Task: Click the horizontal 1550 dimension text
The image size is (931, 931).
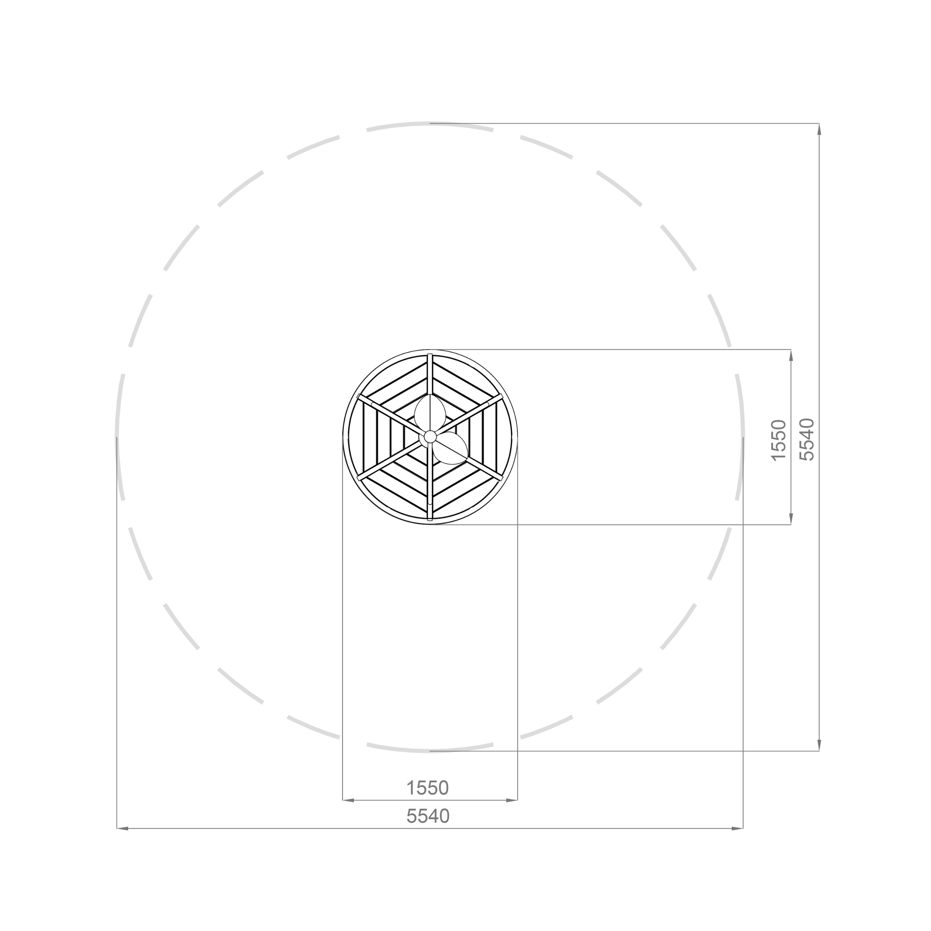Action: coord(428,788)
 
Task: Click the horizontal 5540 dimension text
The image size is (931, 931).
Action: coord(428,816)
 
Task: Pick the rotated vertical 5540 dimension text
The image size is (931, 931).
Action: coord(807,439)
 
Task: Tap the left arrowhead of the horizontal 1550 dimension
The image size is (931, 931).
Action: coord(348,800)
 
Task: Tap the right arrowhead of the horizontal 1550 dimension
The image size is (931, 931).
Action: coord(512,800)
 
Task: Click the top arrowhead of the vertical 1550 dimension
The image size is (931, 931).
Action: coord(791,355)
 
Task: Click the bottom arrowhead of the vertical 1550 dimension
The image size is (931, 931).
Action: coord(791,518)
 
